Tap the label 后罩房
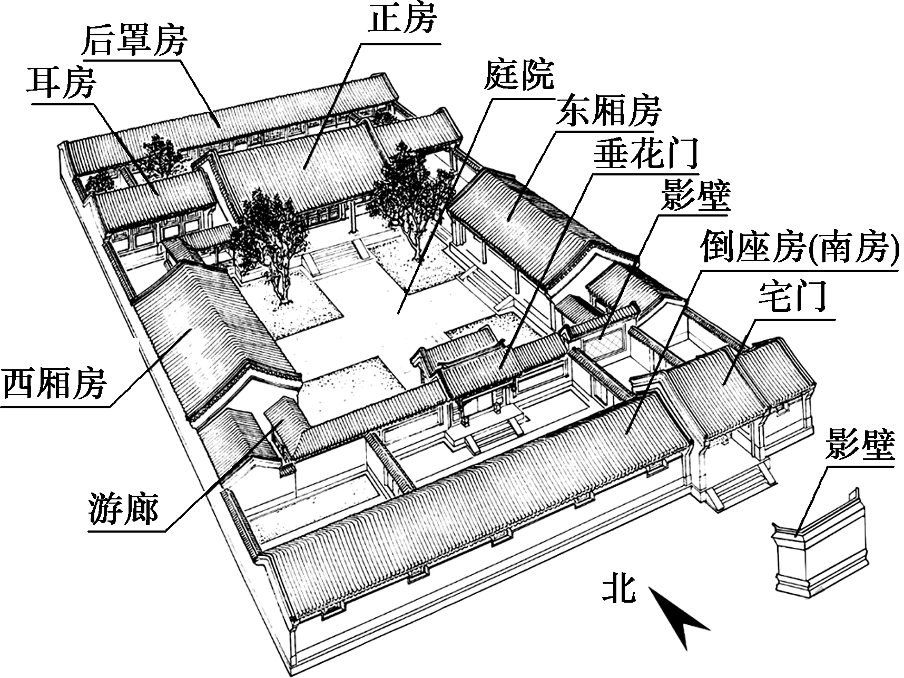[x=135, y=41]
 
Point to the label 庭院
[x=519, y=75]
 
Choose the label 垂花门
[x=646, y=153]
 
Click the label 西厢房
[x=55, y=384]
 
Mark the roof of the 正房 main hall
[x=306, y=169]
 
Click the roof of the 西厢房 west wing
[x=211, y=327]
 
